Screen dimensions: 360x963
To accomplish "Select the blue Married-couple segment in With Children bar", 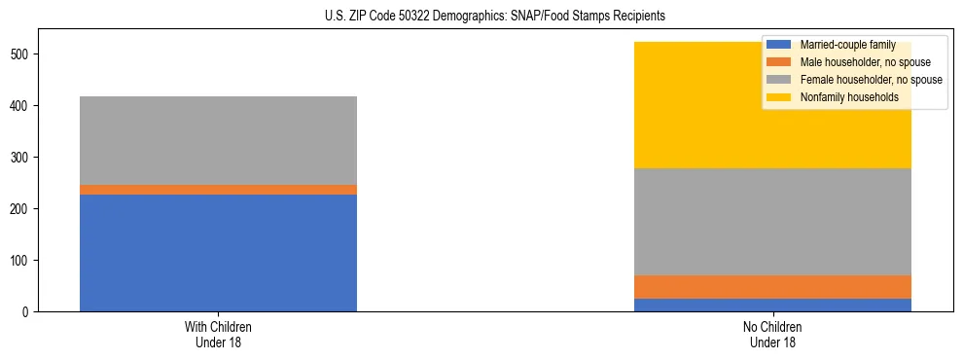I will (x=218, y=253).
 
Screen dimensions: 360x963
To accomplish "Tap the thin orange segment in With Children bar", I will (x=218, y=190).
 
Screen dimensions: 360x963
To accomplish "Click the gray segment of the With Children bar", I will (x=218, y=140).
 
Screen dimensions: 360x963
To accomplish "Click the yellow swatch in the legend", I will (x=779, y=97).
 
